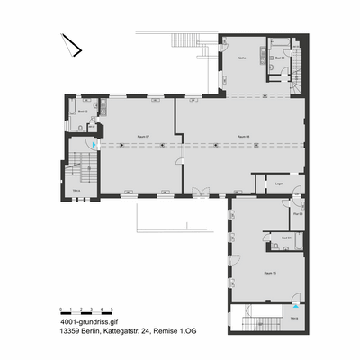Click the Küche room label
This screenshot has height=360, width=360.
click(241, 58)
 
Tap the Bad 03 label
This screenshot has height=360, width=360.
click(281, 58)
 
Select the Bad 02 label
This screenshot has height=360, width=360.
click(82, 112)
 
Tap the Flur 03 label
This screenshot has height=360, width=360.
click(298, 213)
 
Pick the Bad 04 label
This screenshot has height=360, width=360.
click(286, 238)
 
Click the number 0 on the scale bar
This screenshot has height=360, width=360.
click(60, 308)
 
